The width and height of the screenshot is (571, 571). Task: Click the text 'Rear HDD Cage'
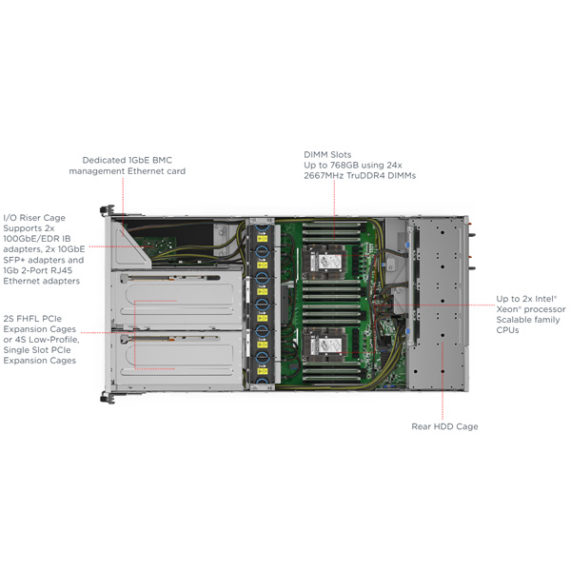pyautogui.click(x=444, y=426)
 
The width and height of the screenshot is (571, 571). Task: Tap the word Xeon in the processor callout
pyautogui.click(x=511, y=309)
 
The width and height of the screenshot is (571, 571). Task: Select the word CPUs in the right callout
pyautogui.click(x=508, y=330)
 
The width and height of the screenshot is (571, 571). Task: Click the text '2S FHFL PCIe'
pyautogui.click(x=37, y=317)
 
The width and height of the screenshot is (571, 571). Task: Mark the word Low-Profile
pyautogui.click(x=56, y=339)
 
